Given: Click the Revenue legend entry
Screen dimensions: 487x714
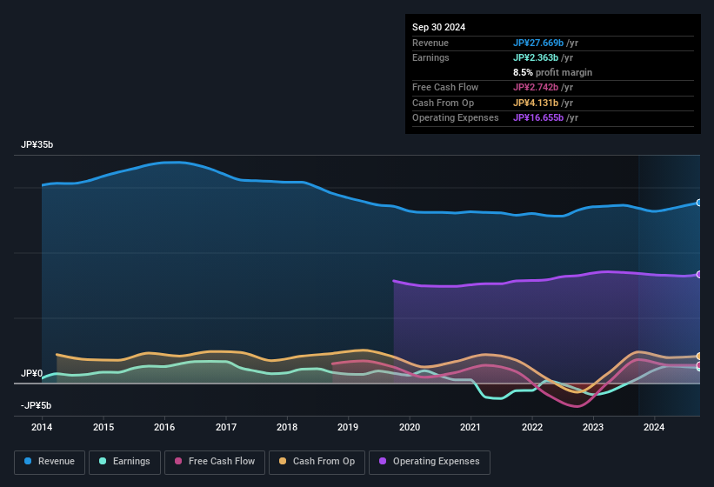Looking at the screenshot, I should pos(50,462).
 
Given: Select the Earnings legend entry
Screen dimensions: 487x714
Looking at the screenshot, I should pos(124,462).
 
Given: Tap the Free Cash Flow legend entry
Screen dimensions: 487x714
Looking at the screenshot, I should pos(215,462).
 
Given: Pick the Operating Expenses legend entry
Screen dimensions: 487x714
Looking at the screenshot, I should pos(430,462).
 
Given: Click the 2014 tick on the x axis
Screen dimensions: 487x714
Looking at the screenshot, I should pos(42,427).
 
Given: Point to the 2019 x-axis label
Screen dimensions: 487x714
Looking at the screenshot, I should pos(348,427).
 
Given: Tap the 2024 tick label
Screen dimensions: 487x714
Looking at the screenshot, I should pos(654,427).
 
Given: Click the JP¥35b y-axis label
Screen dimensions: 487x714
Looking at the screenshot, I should pos(37,145).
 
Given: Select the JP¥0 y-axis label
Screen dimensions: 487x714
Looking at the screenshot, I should pos(31,374).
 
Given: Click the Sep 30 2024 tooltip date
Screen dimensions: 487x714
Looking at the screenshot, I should pos(439,27).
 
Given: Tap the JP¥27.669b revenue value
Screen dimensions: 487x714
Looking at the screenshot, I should pos(538,43).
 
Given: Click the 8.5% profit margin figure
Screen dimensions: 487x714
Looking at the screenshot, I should pos(522,72).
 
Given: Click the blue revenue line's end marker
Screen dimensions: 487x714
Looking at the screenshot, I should pos(699,203).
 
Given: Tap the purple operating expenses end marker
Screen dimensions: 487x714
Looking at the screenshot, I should pos(699,275).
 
